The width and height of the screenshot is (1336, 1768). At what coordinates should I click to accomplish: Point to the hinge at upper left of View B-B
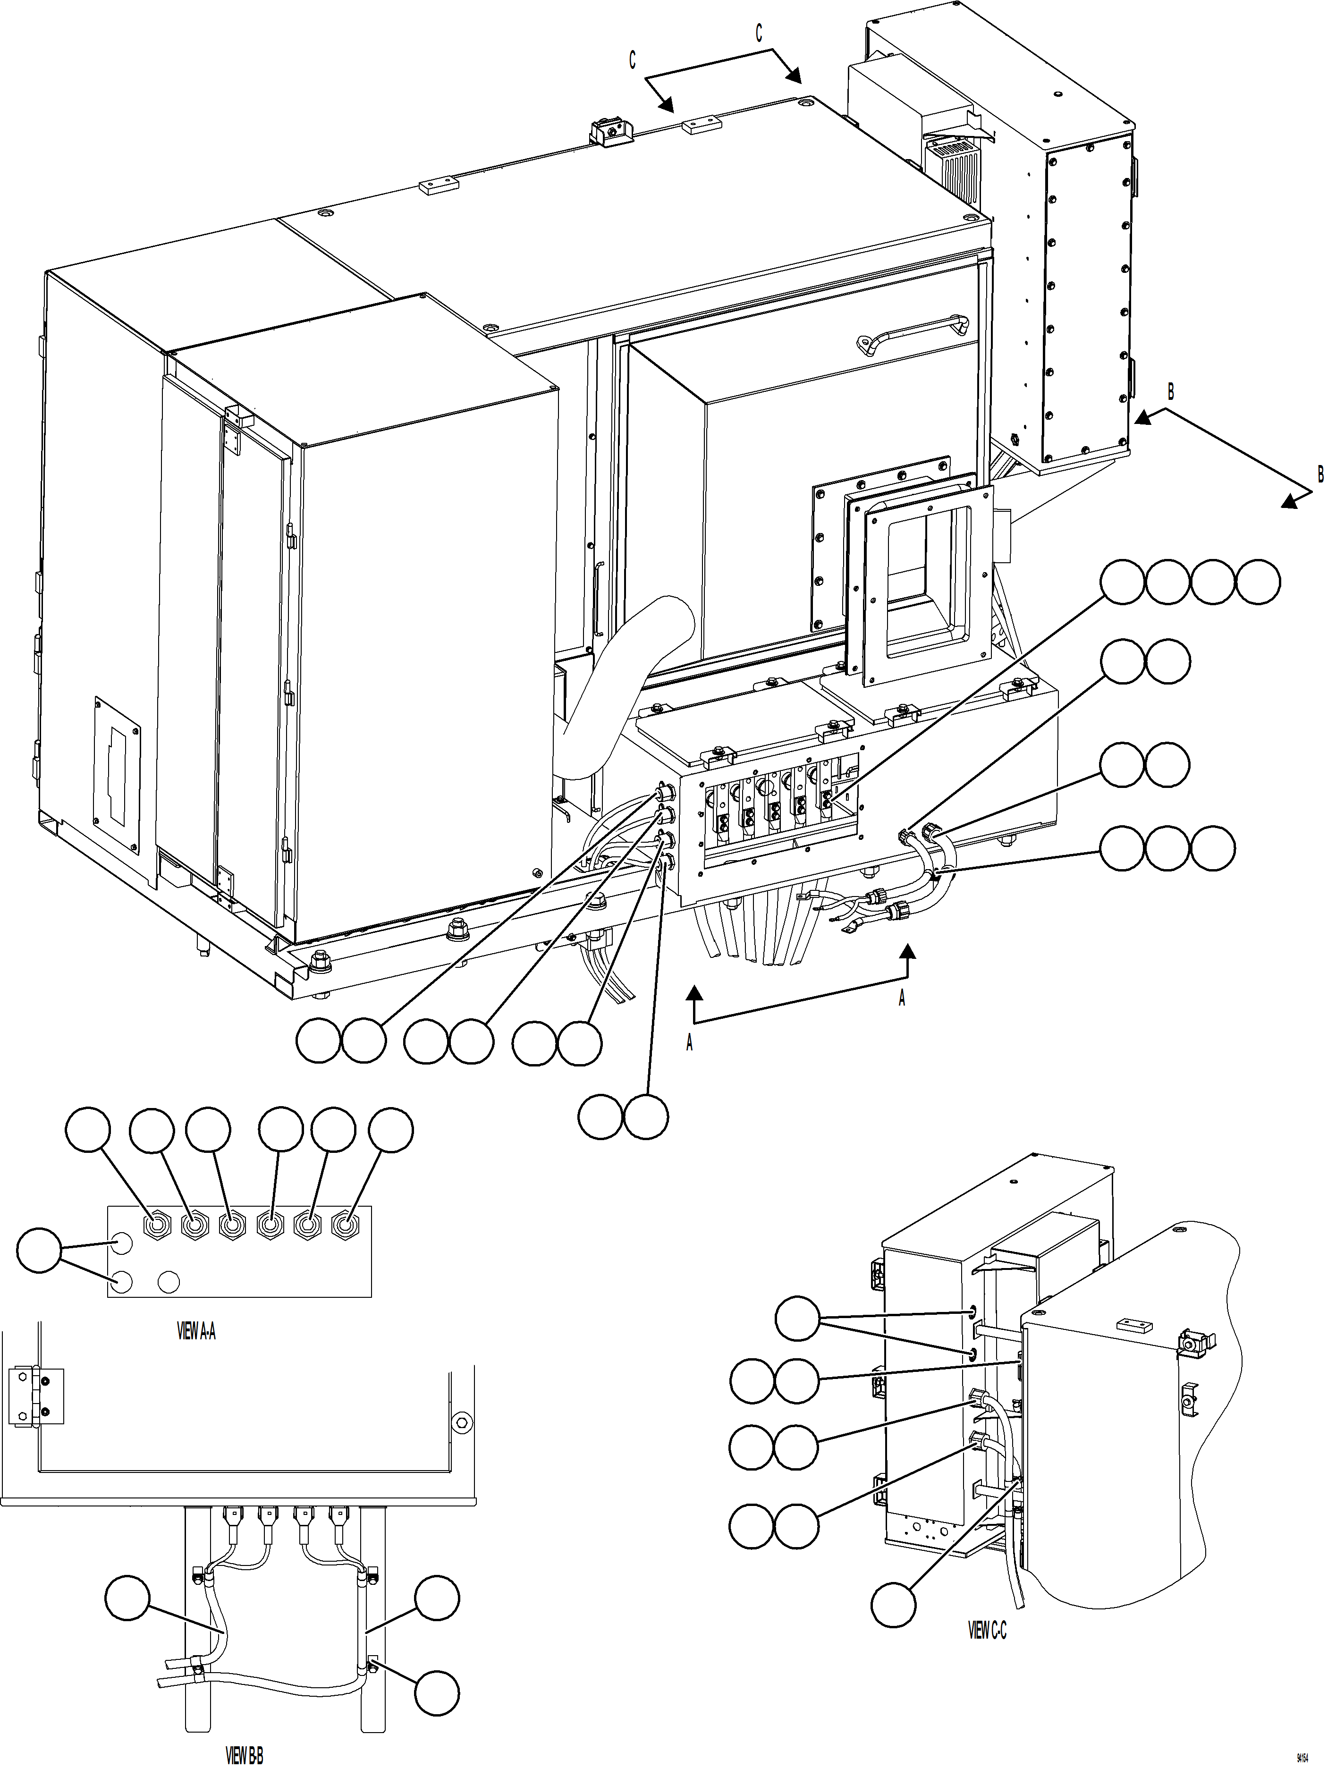click(x=36, y=1396)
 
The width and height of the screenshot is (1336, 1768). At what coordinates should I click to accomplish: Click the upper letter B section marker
click(x=1171, y=392)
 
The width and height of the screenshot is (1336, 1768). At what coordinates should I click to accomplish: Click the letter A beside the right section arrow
click(x=902, y=998)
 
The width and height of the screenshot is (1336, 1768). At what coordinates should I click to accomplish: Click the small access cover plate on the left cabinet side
click(x=118, y=772)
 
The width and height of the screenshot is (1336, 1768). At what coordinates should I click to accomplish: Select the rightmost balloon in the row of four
click(x=1258, y=582)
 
